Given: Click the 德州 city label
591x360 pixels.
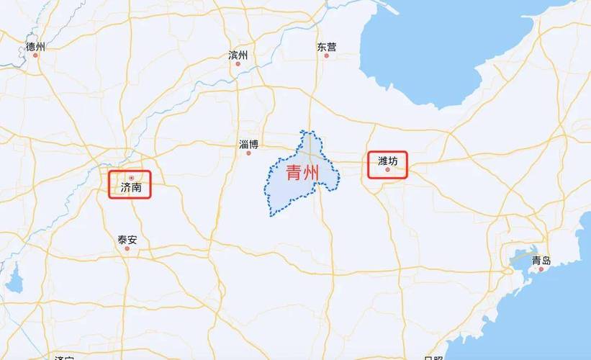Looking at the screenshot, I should coord(35,47).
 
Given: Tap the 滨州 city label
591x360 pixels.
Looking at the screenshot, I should coord(238,55).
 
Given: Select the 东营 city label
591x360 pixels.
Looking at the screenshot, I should coord(326,47).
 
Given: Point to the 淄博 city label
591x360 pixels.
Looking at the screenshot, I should coord(248,144).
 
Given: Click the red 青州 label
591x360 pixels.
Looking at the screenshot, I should coord(302,173).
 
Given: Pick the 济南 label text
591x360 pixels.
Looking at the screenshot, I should coord(130,188).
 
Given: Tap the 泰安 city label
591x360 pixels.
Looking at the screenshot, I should coord(127,239).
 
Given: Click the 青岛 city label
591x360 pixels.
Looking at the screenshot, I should coord(541,261).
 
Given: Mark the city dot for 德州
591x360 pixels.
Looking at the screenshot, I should coord(34,55).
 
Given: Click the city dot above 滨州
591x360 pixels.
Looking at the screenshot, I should coord(238,63).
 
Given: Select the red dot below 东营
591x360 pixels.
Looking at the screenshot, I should coord(326,55).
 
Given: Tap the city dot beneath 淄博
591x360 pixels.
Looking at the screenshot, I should coord(248,153).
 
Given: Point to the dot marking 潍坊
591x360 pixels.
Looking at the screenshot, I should coord(387,170).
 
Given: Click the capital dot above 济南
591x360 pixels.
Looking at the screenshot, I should coord(130,178).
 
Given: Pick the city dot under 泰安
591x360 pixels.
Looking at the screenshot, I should coord(127,248).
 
